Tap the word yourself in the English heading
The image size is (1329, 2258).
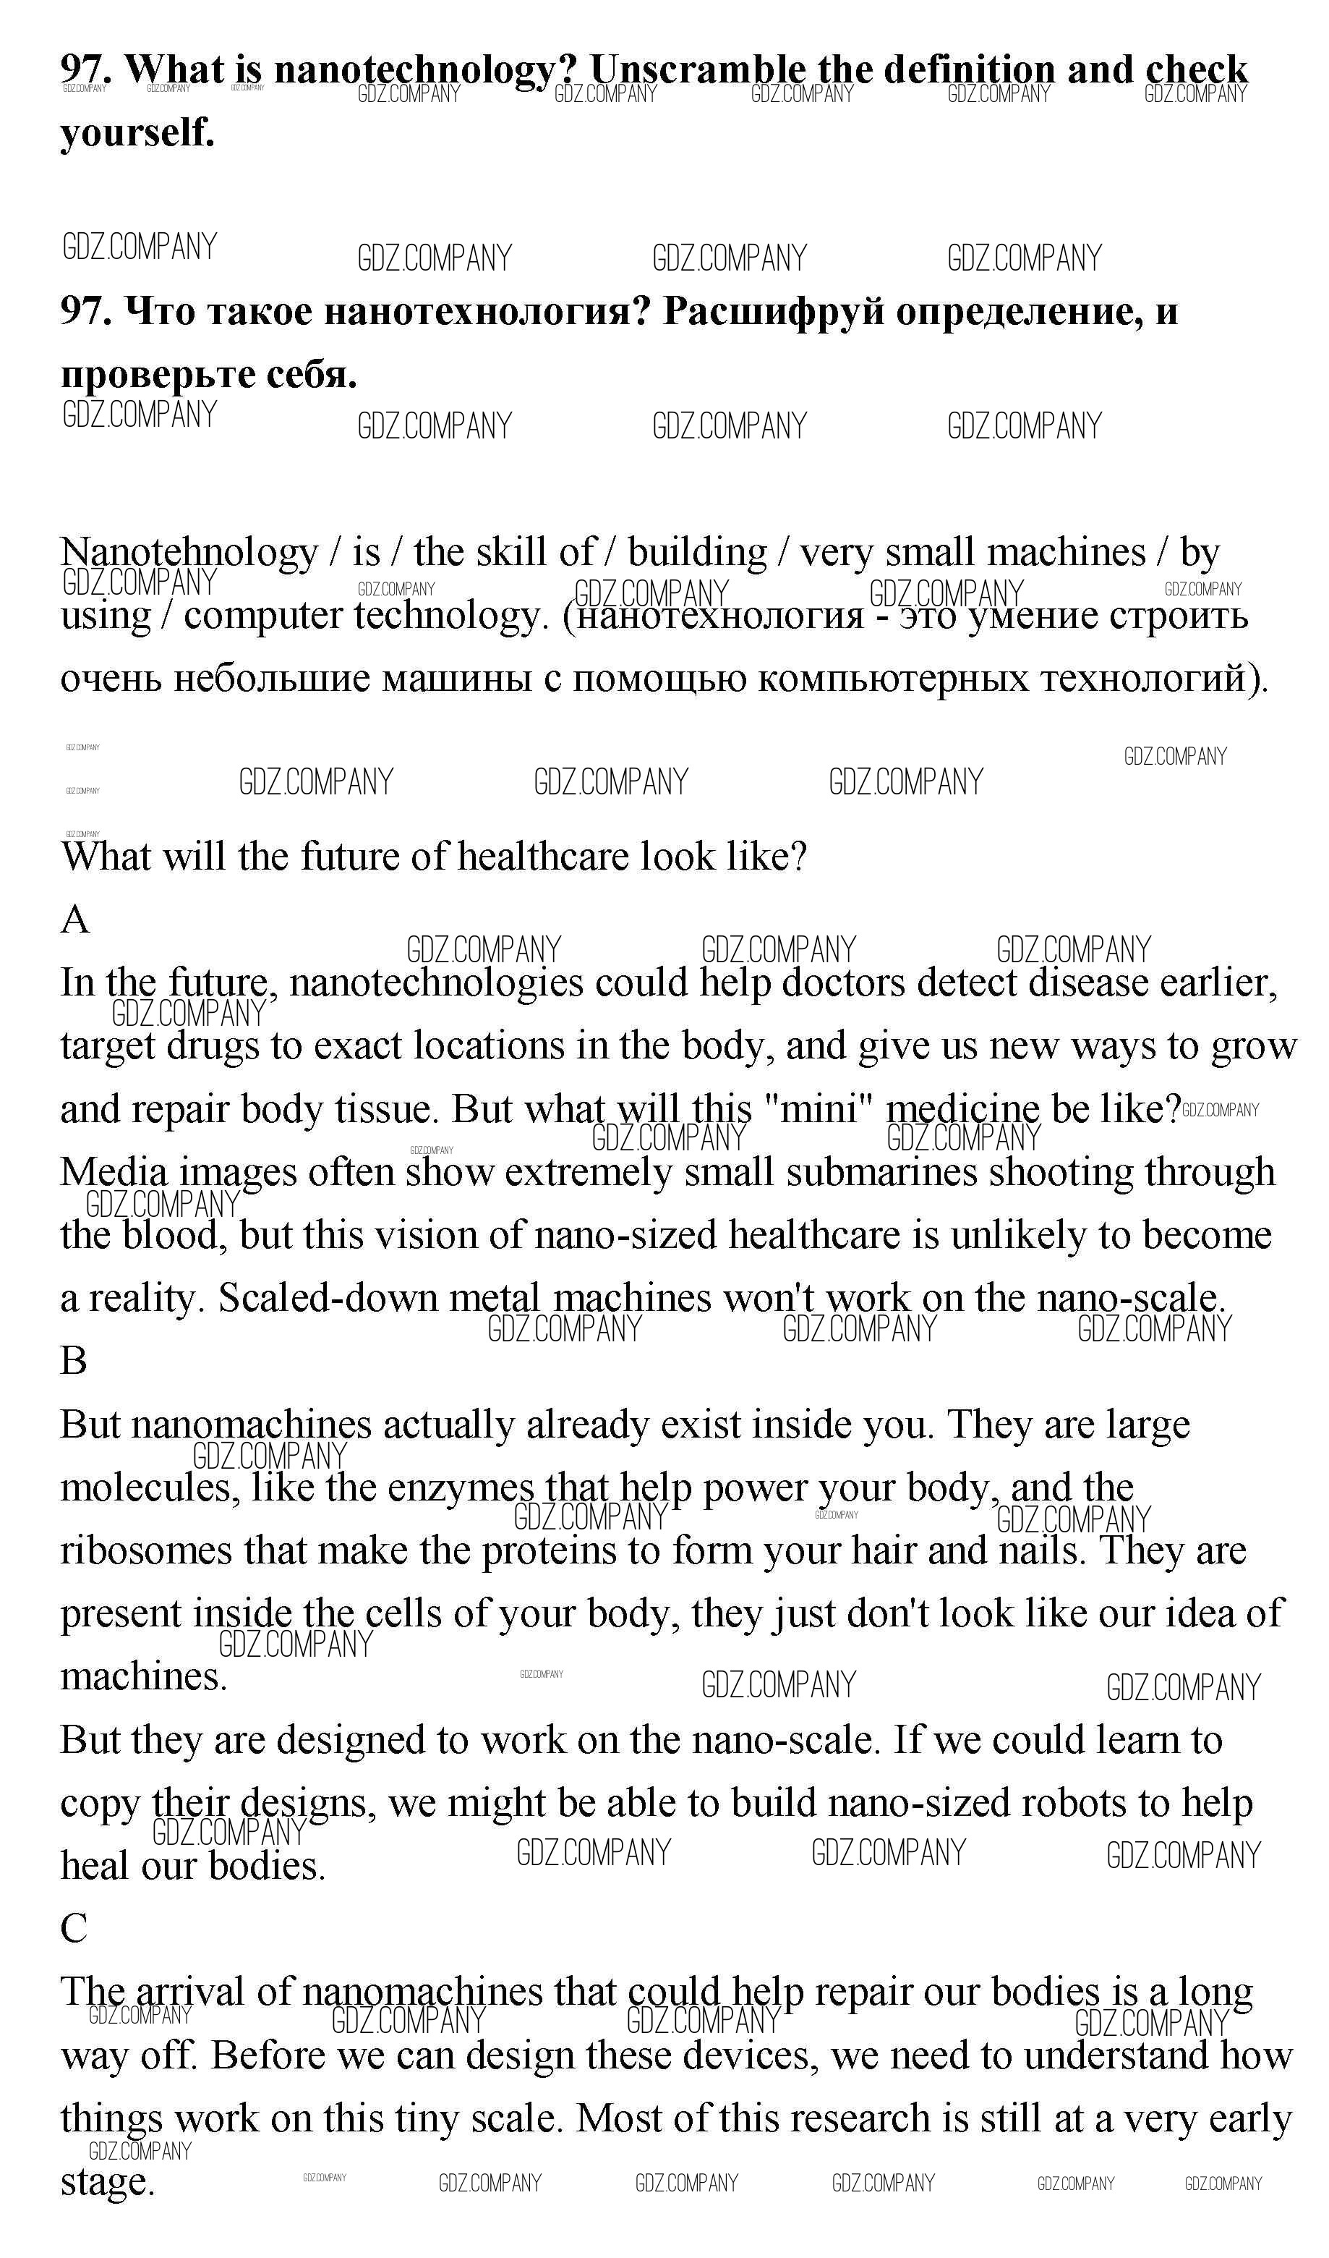pos(137,132)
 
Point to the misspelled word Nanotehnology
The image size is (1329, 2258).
pos(189,553)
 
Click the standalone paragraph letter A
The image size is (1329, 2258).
pos(75,920)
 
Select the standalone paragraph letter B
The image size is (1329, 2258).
pos(74,1361)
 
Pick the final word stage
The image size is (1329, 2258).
pos(108,2182)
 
